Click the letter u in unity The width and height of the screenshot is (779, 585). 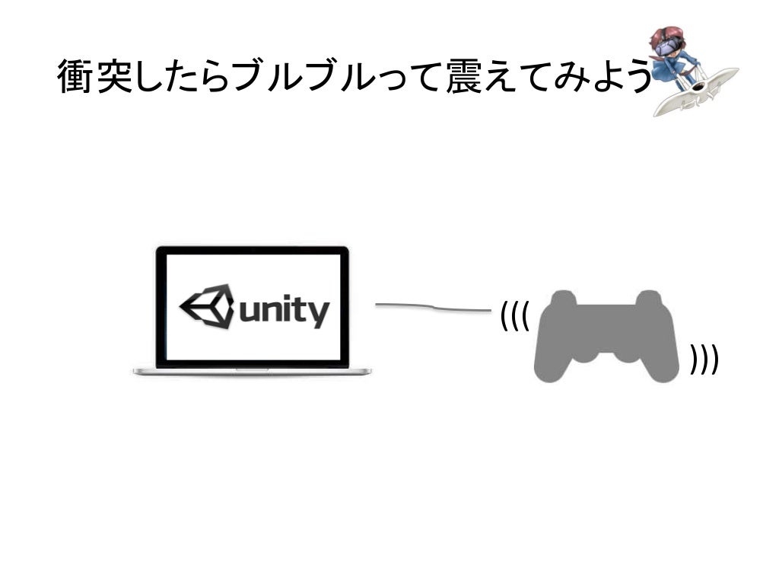(x=250, y=312)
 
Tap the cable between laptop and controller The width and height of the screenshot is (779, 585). (x=433, y=308)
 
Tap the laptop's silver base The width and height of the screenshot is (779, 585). (x=252, y=372)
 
